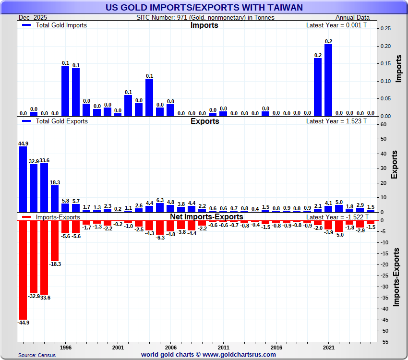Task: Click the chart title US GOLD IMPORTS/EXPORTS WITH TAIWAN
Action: [204, 7]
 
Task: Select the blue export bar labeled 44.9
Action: [23, 179]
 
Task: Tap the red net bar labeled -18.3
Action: [55, 240]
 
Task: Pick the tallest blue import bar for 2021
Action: [328, 80]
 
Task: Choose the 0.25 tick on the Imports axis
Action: [385, 29]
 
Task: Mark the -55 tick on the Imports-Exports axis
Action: [385, 342]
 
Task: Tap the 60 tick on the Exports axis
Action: [384, 124]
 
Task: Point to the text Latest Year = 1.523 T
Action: [336, 121]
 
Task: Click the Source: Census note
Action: [37, 355]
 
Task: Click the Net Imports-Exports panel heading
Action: [206, 217]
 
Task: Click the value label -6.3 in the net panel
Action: [160, 238]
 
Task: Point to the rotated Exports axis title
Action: [395, 165]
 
